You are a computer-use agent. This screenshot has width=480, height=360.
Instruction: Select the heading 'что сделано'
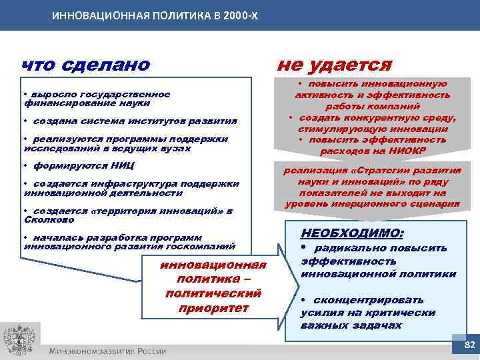click(x=86, y=65)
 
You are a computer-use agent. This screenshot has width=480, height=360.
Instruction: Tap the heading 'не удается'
click(x=334, y=65)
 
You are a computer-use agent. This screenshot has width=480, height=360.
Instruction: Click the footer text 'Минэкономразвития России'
click(x=107, y=351)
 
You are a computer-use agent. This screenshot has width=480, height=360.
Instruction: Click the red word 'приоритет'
click(x=213, y=308)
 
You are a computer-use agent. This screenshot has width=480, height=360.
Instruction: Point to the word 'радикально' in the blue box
click(x=355, y=248)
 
